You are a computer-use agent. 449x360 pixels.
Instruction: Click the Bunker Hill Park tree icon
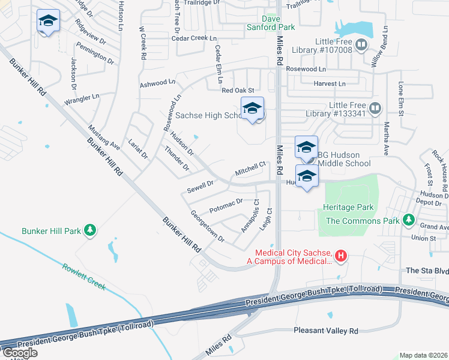coord(90,230)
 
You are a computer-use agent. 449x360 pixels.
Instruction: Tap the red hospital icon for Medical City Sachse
coord(341,256)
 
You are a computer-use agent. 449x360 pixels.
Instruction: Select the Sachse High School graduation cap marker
coord(253,109)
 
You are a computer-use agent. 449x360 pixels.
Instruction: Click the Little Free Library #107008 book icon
coord(361,44)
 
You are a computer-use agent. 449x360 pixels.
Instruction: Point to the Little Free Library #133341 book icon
coord(375,109)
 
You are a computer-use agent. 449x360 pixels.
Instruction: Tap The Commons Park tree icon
coord(409,221)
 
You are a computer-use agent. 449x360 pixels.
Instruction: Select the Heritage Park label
coord(348,208)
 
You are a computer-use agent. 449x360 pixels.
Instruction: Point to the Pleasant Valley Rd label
coord(326,331)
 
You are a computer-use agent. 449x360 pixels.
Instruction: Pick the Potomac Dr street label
coord(226,205)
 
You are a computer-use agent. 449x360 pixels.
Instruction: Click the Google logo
coord(19,353)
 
